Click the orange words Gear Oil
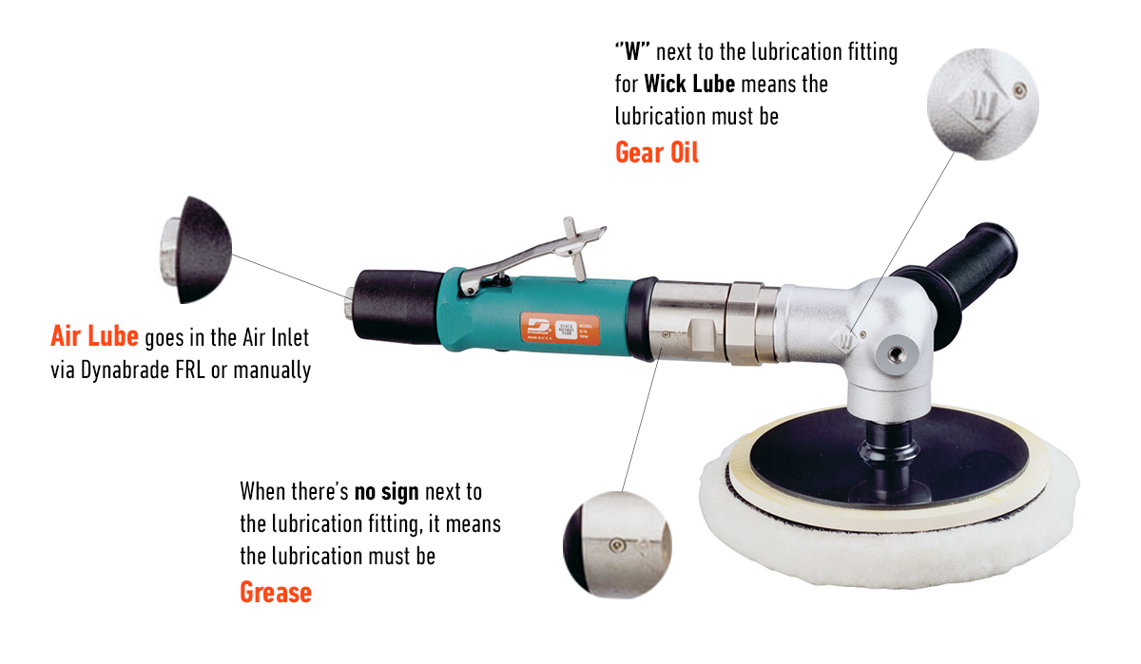click(x=657, y=151)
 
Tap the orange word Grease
click(x=275, y=592)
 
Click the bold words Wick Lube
click(x=689, y=84)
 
